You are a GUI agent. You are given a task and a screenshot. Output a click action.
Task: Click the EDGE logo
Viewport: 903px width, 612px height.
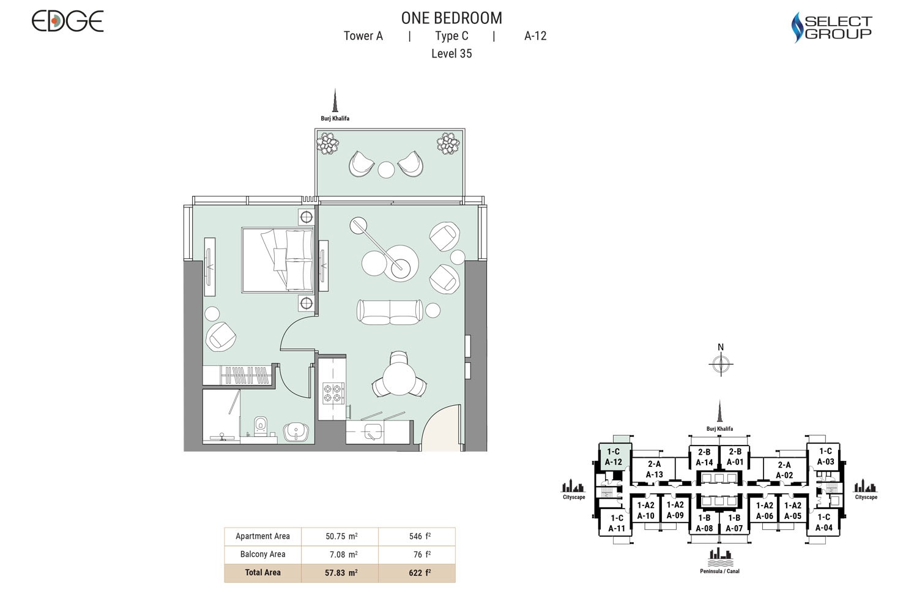tap(67, 21)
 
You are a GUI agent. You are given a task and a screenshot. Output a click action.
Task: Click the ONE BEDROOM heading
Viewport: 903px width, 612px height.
tap(451, 18)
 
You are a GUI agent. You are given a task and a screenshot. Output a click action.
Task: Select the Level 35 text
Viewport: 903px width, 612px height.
tap(451, 54)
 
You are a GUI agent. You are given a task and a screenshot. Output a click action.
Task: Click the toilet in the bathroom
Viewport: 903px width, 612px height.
tap(261, 424)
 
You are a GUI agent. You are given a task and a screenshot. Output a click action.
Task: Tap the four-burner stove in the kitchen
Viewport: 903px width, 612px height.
tap(333, 392)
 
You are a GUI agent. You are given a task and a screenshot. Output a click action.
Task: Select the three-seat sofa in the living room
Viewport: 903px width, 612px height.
tap(390, 312)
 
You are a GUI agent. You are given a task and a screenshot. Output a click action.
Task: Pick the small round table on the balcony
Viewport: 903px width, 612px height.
tap(386, 170)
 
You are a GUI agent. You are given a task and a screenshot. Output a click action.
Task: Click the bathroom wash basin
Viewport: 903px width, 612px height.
tap(296, 432)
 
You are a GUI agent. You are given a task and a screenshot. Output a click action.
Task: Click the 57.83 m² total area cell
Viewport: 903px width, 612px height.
tap(341, 573)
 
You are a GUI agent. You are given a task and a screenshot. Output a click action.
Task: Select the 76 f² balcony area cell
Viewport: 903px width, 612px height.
tap(420, 554)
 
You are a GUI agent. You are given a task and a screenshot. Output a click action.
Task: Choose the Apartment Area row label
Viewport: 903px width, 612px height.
tap(262, 536)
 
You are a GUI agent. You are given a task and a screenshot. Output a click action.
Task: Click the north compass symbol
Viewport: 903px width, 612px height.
tap(721, 364)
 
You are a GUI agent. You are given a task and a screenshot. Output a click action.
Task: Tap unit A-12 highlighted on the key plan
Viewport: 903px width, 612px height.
tap(613, 457)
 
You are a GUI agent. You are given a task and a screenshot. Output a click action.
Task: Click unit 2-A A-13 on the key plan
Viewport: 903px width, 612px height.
tap(654, 469)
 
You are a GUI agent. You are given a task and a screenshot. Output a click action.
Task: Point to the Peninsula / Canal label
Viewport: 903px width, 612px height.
tap(719, 571)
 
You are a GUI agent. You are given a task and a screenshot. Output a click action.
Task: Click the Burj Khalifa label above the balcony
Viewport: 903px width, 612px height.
tap(335, 118)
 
